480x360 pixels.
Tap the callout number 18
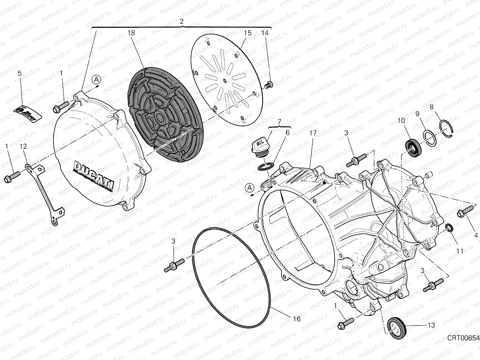[131, 33]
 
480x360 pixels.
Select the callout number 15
[247, 33]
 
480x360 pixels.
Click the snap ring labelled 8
[447, 127]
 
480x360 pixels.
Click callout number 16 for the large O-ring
[296, 319]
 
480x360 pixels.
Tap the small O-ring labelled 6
[265, 167]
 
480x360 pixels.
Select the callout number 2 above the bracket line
[181, 21]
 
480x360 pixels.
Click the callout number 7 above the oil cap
[279, 121]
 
